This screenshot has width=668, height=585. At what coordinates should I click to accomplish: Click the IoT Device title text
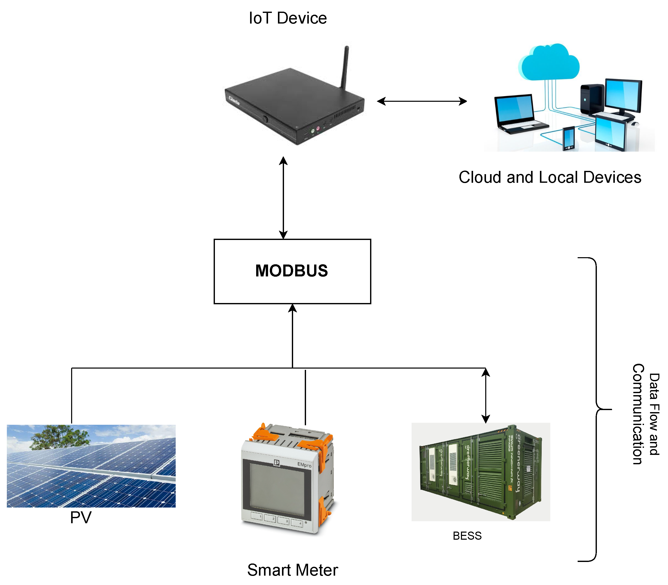tap(287, 18)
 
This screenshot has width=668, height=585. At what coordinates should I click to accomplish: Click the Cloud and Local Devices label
tap(550, 177)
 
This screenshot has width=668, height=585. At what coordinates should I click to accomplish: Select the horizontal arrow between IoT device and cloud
tap(421, 101)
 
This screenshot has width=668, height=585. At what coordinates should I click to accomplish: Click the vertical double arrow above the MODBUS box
tap(283, 197)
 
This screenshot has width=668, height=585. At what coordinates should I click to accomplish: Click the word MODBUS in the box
tap(292, 271)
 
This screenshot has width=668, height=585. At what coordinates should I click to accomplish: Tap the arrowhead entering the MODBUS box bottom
tap(292, 308)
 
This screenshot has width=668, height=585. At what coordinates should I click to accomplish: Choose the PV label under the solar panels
tap(81, 517)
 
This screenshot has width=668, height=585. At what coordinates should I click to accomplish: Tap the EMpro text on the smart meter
tap(304, 465)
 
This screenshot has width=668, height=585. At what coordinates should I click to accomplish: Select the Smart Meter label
tap(292, 570)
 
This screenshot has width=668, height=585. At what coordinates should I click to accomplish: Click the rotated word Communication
tap(638, 414)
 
